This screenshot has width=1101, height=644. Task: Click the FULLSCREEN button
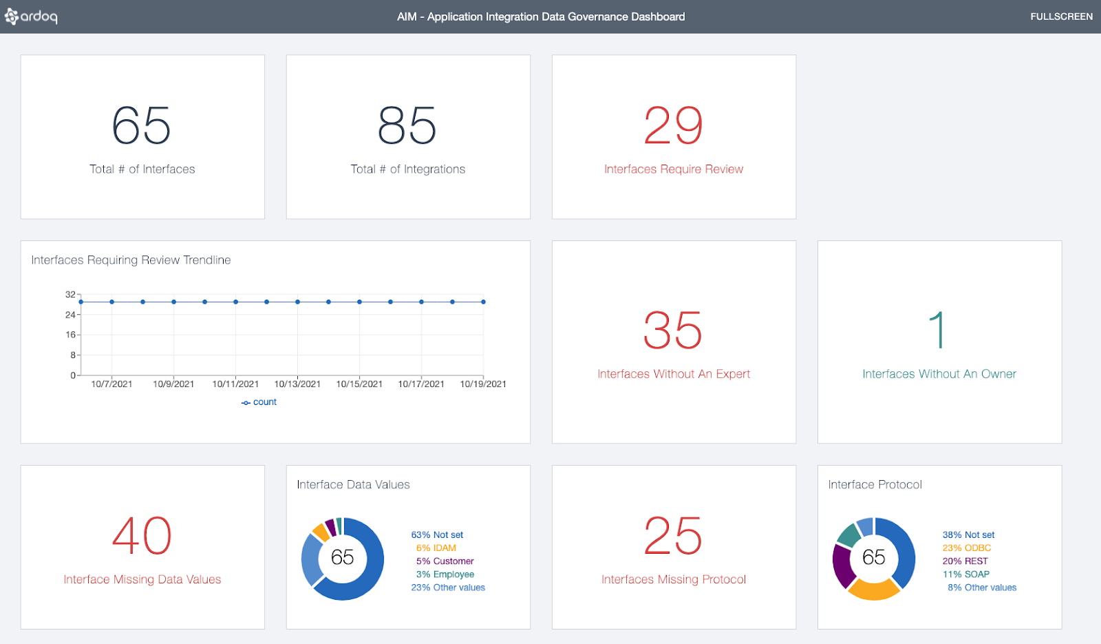click(x=1061, y=17)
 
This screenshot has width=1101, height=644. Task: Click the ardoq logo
click(x=32, y=16)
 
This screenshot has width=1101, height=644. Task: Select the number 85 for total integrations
click(x=407, y=126)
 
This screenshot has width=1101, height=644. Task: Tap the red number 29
click(x=673, y=126)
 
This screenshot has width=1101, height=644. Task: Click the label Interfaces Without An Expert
click(x=674, y=374)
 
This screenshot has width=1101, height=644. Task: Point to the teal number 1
click(x=937, y=330)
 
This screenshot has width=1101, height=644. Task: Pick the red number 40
click(x=142, y=536)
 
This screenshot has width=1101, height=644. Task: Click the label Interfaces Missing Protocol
click(x=674, y=579)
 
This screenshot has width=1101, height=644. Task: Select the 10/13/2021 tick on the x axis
click(x=297, y=384)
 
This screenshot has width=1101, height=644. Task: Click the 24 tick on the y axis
click(x=70, y=315)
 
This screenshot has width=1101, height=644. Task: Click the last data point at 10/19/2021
click(x=484, y=302)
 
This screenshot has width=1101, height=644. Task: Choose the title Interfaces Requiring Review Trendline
click(x=131, y=260)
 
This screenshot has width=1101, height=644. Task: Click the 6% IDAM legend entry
click(x=436, y=548)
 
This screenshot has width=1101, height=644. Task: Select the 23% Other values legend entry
click(x=448, y=588)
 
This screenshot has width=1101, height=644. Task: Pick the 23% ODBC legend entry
click(x=967, y=548)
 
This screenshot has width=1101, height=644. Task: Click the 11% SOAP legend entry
click(x=966, y=574)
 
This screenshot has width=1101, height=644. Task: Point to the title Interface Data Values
click(x=353, y=485)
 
